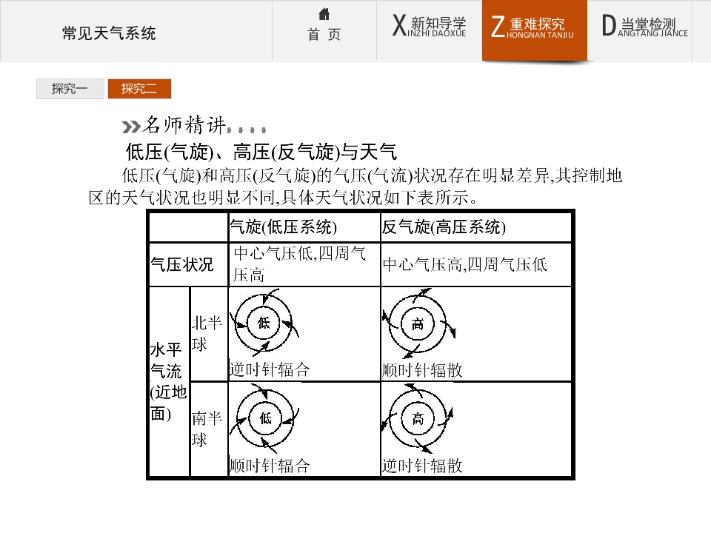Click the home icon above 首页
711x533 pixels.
(x=324, y=14)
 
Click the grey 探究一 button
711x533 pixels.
(x=70, y=88)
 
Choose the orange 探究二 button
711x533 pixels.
(x=139, y=88)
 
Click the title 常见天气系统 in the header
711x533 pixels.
(x=109, y=33)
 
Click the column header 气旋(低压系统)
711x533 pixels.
(x=284, y=227)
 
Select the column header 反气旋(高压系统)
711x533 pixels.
(x=444, y=227)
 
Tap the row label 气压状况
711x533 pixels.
(x=182, y=264)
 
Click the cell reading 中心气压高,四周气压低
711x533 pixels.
(x=465, y=264)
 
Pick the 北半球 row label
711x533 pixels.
(x=207, y=334)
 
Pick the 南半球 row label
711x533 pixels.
(x=207, y=429)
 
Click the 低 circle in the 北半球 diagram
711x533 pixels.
(x=264, y=324)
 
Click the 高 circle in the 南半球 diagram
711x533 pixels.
(x=418, y=418)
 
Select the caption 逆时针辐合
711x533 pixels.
(x=270, y=370)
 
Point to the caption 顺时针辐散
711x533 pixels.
(x=422, y=370)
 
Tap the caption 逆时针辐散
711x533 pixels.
(x=422, y=466)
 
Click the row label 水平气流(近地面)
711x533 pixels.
(x=168, y=382)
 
